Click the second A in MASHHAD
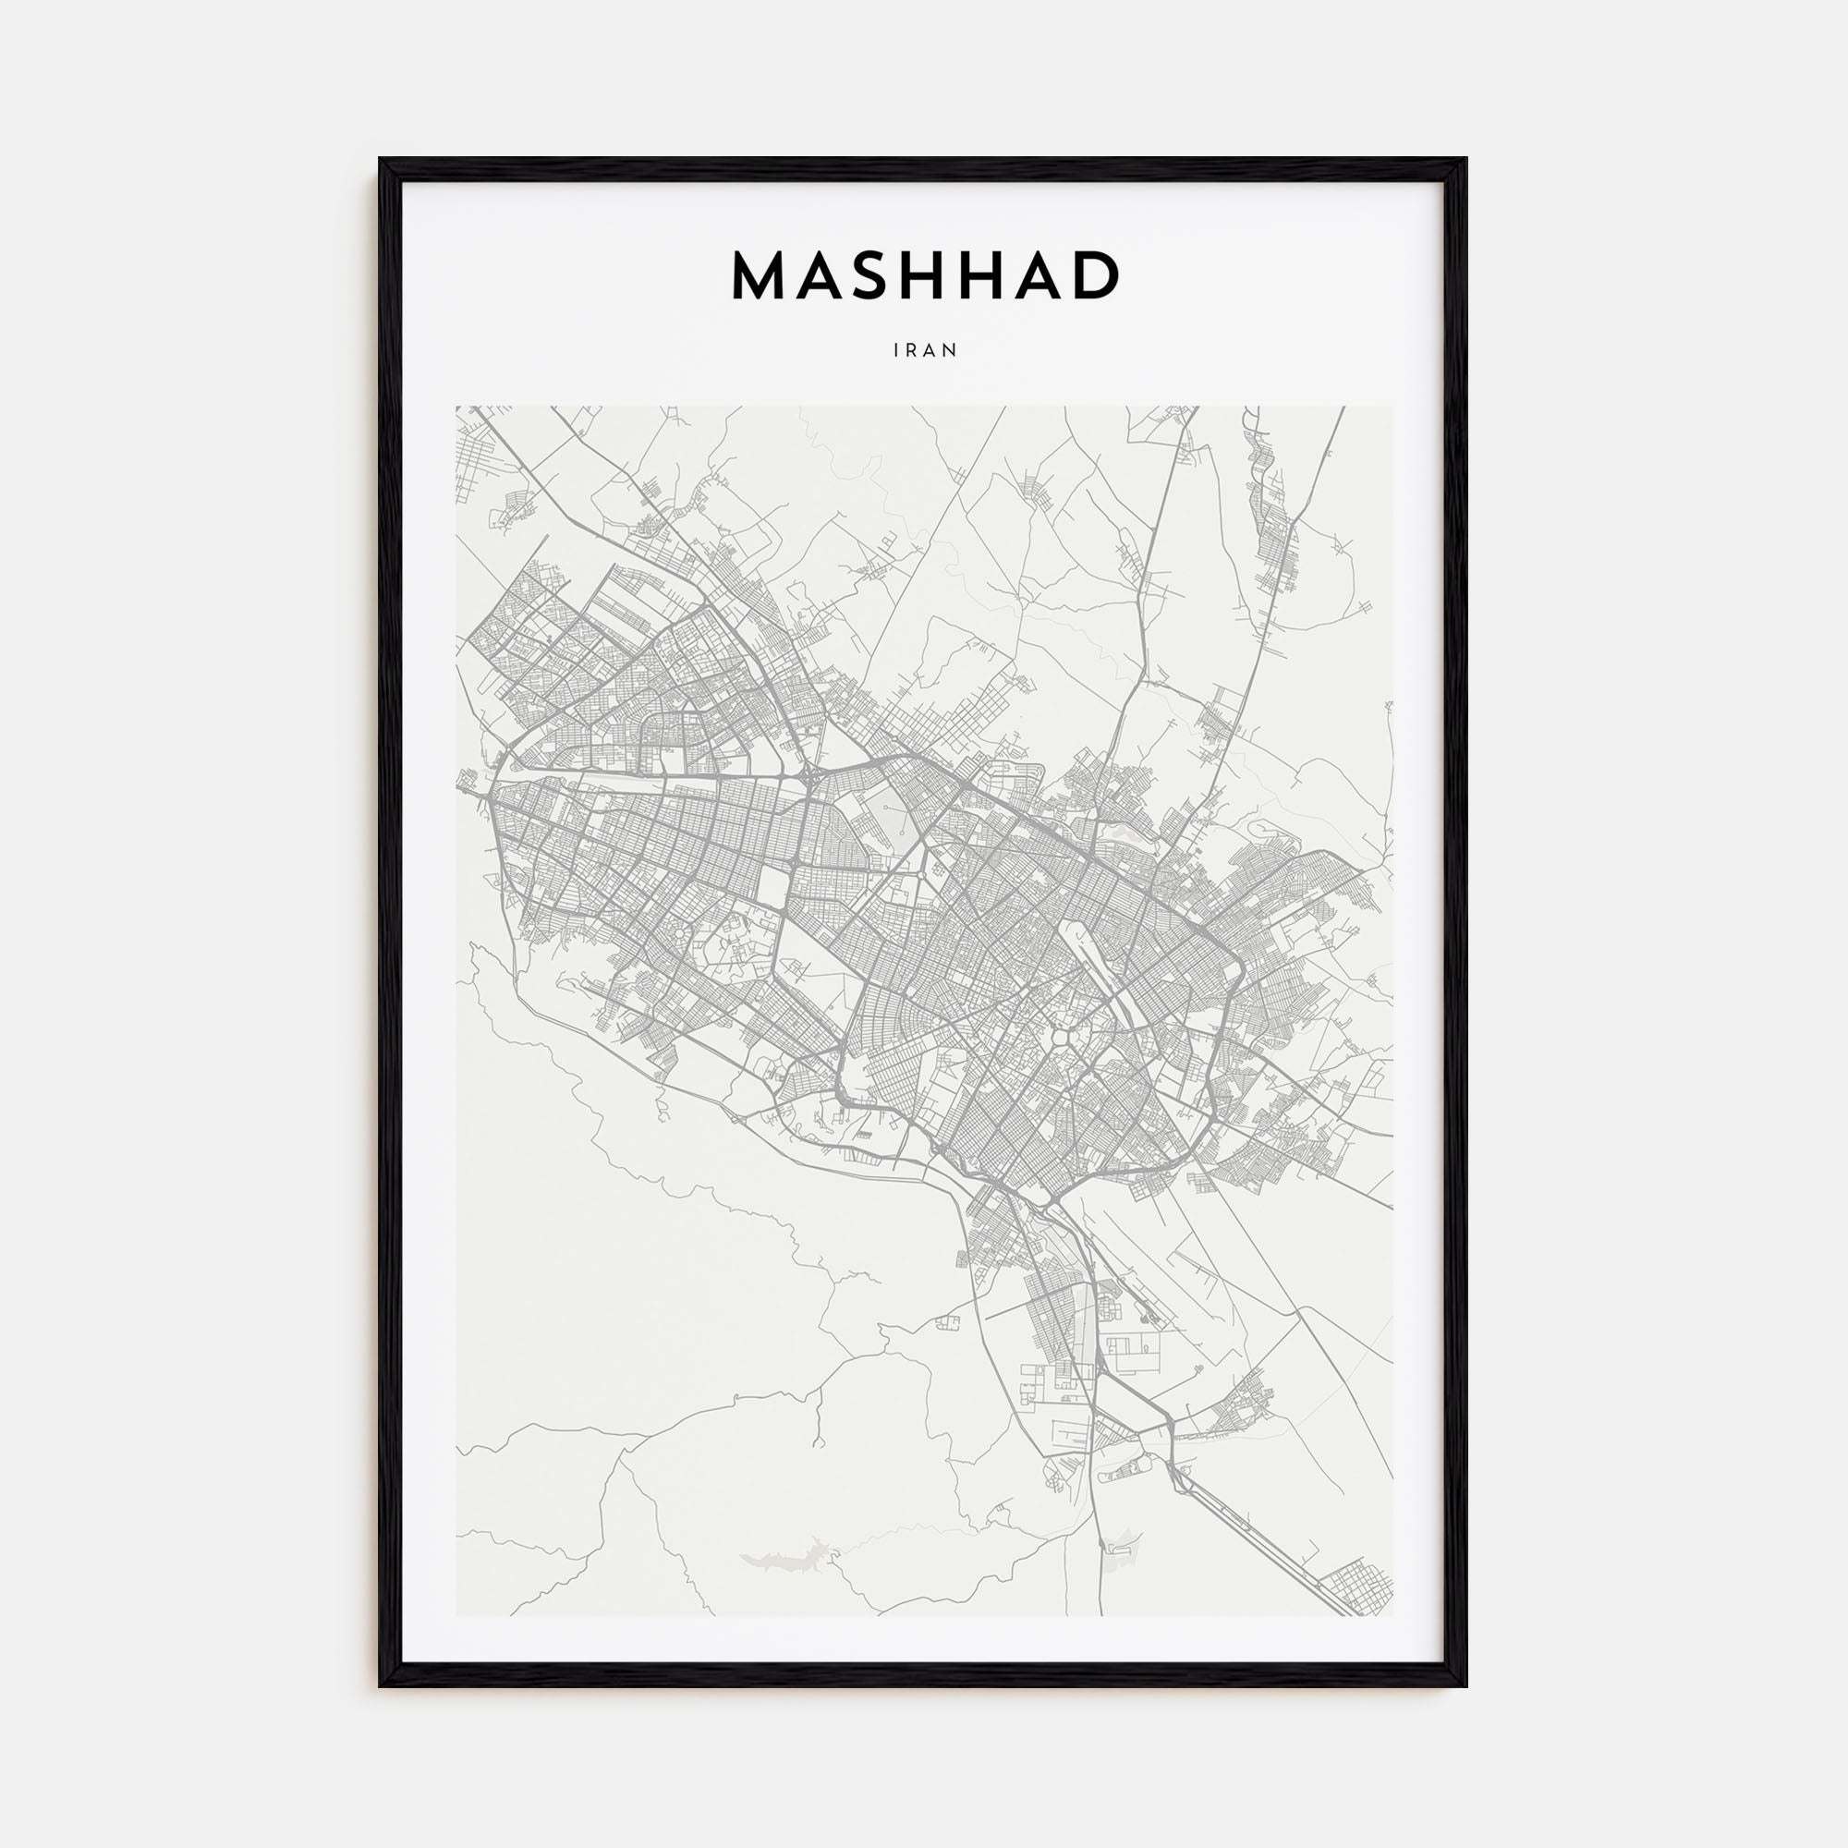coord(1049,276)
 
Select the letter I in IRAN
coord(896,351)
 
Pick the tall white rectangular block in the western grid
coord(772,889)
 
